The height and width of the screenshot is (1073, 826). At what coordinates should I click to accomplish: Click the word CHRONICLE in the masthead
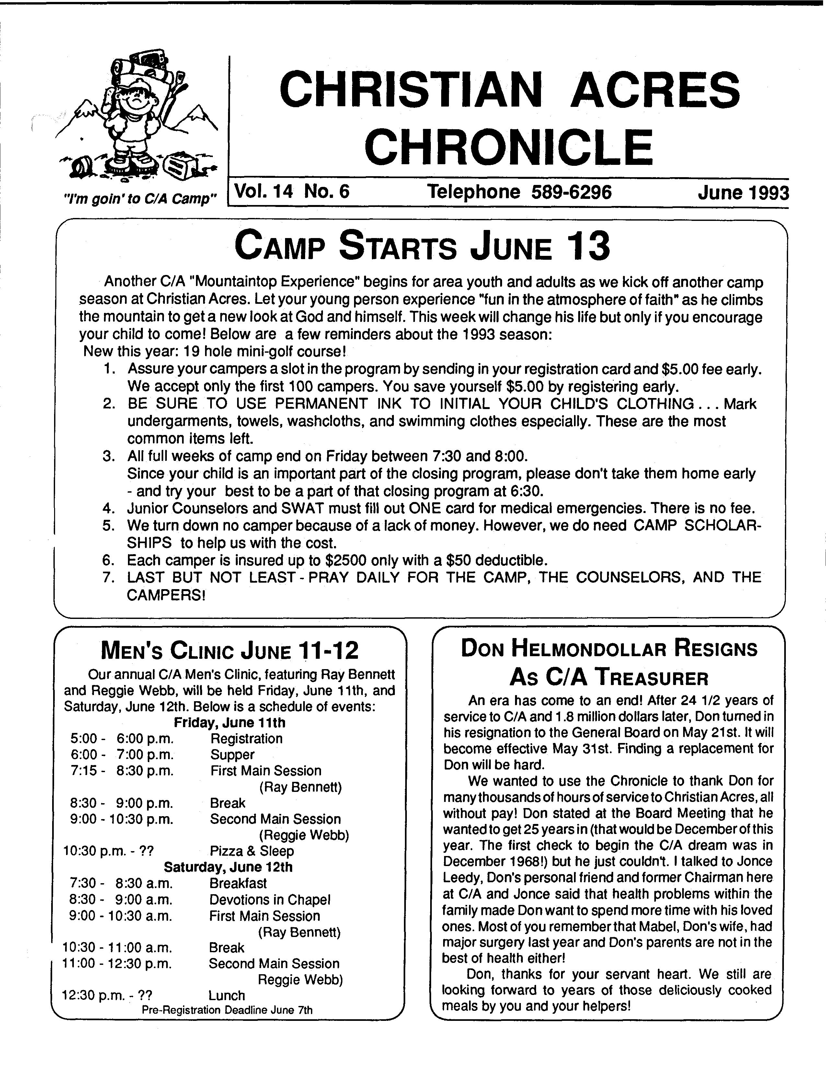509,147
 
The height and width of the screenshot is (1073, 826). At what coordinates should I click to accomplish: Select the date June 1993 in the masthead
742,193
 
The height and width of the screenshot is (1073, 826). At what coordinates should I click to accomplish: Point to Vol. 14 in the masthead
263,191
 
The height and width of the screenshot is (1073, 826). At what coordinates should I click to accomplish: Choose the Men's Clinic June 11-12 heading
229,651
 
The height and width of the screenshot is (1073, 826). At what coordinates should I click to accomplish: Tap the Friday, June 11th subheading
229,723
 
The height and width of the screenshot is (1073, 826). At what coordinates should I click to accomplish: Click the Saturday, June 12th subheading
228,867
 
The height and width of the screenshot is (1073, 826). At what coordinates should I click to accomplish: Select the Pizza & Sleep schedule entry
252,851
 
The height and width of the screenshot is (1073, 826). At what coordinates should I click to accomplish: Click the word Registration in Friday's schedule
246,739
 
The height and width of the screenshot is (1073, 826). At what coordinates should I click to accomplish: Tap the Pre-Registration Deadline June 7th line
227,1010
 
